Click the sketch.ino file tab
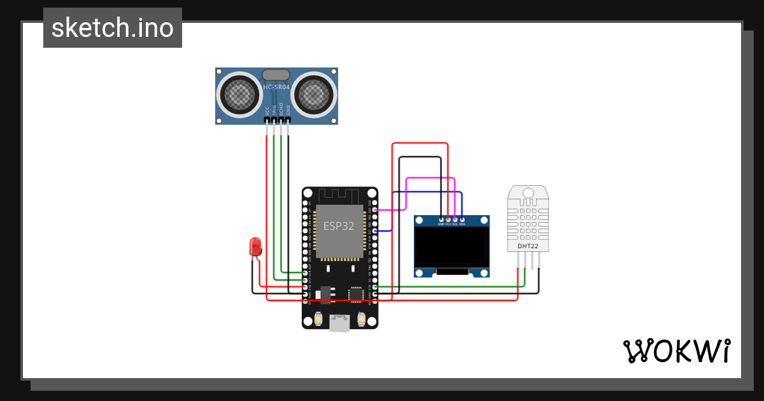click(x=113, y=28)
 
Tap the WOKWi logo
click(x=676, y=351)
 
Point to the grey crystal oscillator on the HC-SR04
click(x=277, y=74)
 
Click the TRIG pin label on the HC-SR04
click(x=274, y=109)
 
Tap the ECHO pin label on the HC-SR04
click(x=281, y=109)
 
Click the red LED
click(x=255, y=247)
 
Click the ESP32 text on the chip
click(x=339, y=226)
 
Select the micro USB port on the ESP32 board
click(x=339, y=323)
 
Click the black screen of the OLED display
click(x=451, y=248)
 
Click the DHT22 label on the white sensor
click(x=528, y=246)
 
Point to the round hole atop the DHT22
click(x=528, y=193)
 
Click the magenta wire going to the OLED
click(x=430, y=179)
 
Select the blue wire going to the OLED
click(x=427, y=192)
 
